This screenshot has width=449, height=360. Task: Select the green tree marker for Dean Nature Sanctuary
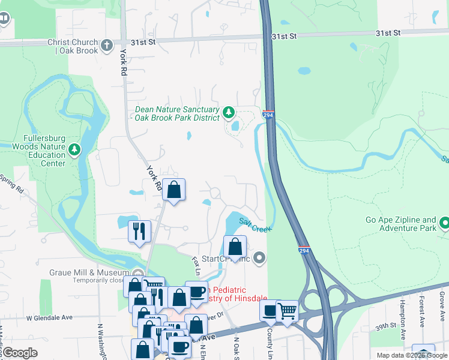228,112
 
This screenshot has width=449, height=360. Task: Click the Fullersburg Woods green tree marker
74,149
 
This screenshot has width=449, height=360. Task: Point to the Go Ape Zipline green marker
444,224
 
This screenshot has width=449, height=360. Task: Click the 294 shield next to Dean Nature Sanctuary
268,115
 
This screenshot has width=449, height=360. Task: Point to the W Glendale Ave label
49,318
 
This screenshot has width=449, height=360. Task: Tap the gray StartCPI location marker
259,259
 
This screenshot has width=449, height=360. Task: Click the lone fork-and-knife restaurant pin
139,232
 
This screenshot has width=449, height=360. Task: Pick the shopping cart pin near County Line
288,311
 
